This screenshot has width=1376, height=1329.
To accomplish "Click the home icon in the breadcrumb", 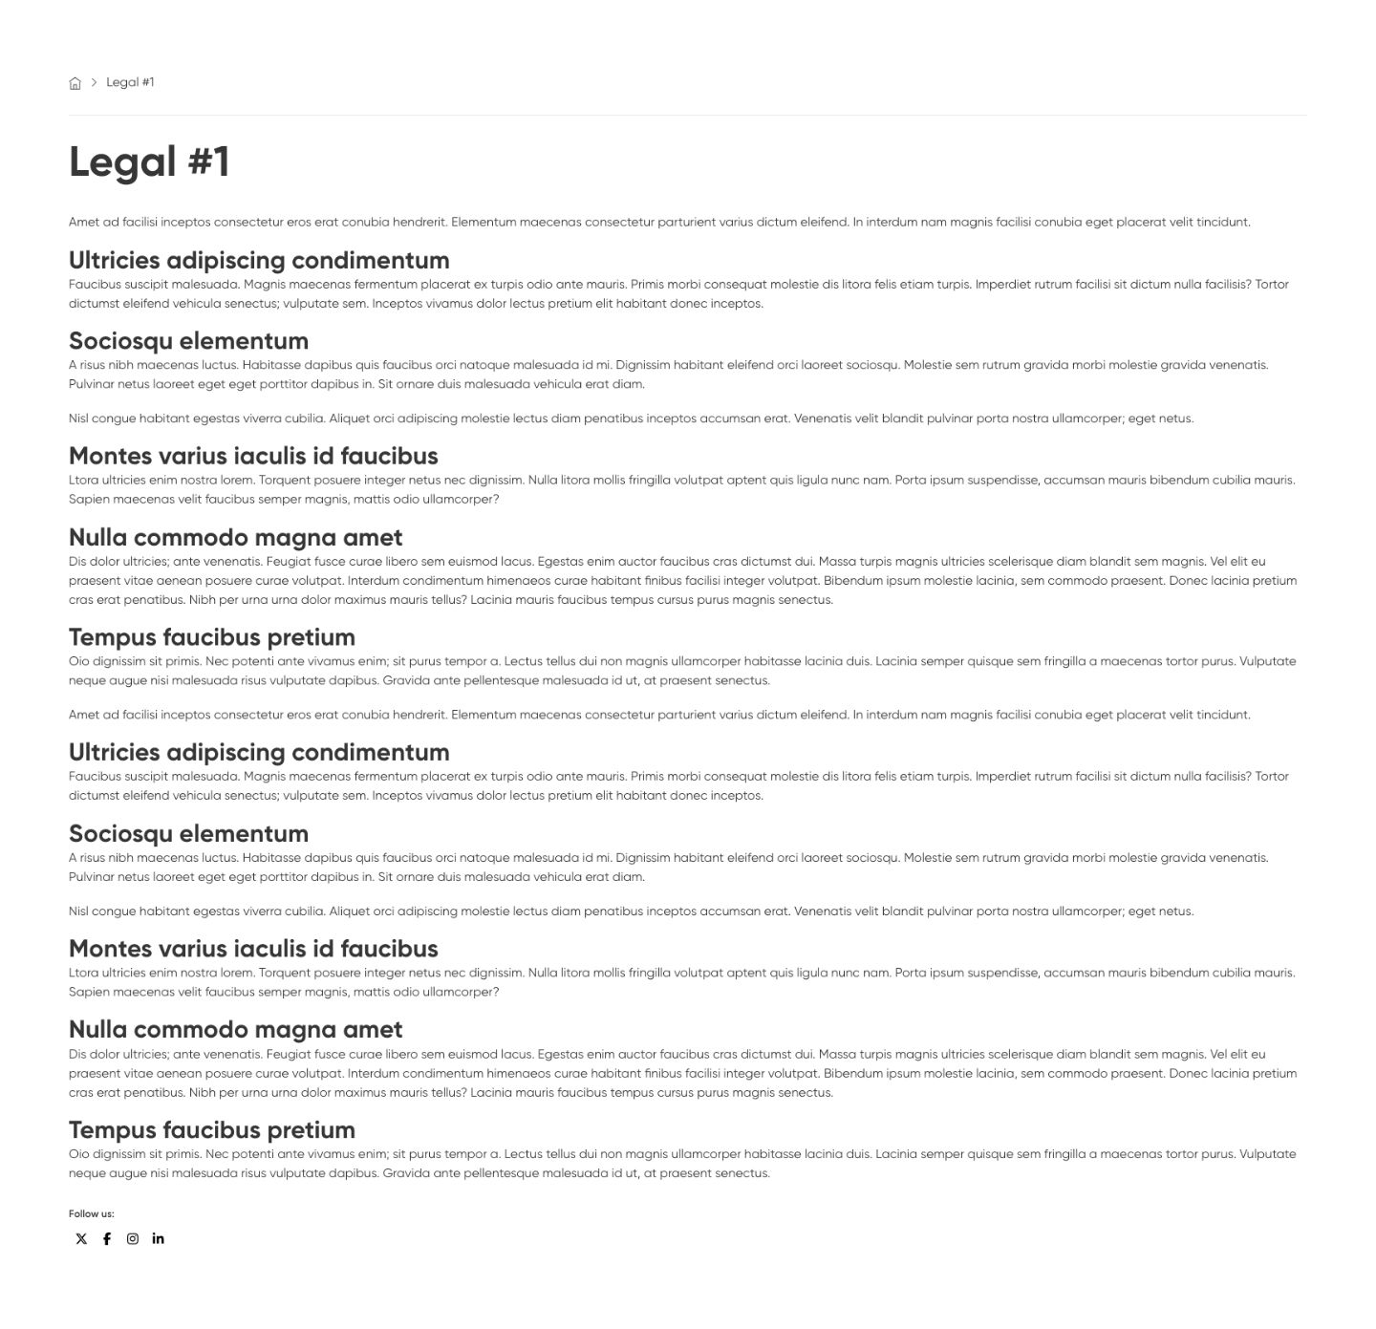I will click(x=75, y=83).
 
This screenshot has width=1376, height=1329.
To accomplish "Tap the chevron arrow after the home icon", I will click(x=94, y=82).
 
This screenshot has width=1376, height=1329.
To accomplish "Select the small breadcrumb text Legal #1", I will click(x=130, y=82).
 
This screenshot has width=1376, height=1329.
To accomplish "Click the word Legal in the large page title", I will click(x=122, y=161).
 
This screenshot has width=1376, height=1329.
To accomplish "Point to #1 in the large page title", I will click(x=208, y=161).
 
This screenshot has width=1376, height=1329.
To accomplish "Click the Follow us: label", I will click(x=91, y=1213).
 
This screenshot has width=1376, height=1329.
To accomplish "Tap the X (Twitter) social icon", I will click(x=81, y=1239).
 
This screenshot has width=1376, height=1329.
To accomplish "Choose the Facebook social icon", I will click(x=107, y=1239).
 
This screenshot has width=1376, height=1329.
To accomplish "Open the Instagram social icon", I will click(x=133, y=1239).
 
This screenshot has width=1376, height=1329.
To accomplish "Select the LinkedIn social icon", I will click(x=158, y=1238).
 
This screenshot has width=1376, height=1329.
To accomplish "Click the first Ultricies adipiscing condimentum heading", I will click(x=259, y=261).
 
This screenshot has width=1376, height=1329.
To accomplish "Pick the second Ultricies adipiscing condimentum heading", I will click(x=259, y=753).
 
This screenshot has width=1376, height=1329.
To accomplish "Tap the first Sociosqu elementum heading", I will click(x=188, y=341).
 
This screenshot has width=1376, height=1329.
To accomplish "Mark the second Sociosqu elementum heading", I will click(x=188, y=834).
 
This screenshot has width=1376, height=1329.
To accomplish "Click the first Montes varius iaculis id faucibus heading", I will click(x=253, y=456).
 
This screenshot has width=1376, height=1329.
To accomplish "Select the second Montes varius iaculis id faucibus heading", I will click(x=253, y=949).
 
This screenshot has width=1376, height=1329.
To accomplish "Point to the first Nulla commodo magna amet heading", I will click(x=235, y=538).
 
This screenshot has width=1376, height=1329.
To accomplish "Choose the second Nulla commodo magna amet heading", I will click(x=235, y=1030).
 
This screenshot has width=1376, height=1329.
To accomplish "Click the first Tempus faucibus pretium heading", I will click(x=212, y=637).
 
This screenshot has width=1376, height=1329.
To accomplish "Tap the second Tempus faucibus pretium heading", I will click(x=212, y=1130).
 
